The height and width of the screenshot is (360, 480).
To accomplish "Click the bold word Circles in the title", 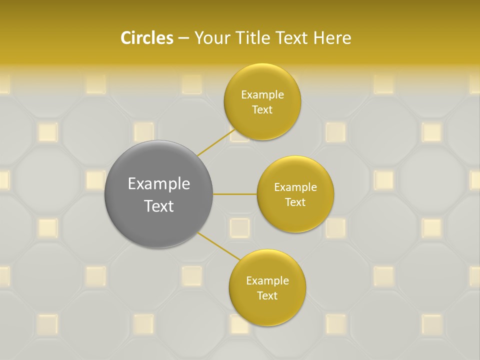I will [146, 38].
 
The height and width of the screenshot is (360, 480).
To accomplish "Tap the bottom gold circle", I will [267, 310].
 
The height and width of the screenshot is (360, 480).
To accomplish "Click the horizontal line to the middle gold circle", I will [235, 194].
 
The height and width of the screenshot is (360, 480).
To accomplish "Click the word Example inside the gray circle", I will [159, 184].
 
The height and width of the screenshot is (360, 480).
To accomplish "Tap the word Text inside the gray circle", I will [159, 206].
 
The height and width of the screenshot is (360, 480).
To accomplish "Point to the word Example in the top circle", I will [262, 95].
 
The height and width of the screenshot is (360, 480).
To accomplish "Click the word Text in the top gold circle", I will [262, 110].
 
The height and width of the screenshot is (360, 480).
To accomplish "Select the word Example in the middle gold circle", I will [295, 187].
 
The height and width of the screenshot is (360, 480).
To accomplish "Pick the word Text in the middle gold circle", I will [295, 202].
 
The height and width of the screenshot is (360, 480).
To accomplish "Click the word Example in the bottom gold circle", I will [267, 281].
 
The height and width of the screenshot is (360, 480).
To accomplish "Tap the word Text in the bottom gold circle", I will [267, 296].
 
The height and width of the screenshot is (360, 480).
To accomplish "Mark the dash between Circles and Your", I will [183, 38].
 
